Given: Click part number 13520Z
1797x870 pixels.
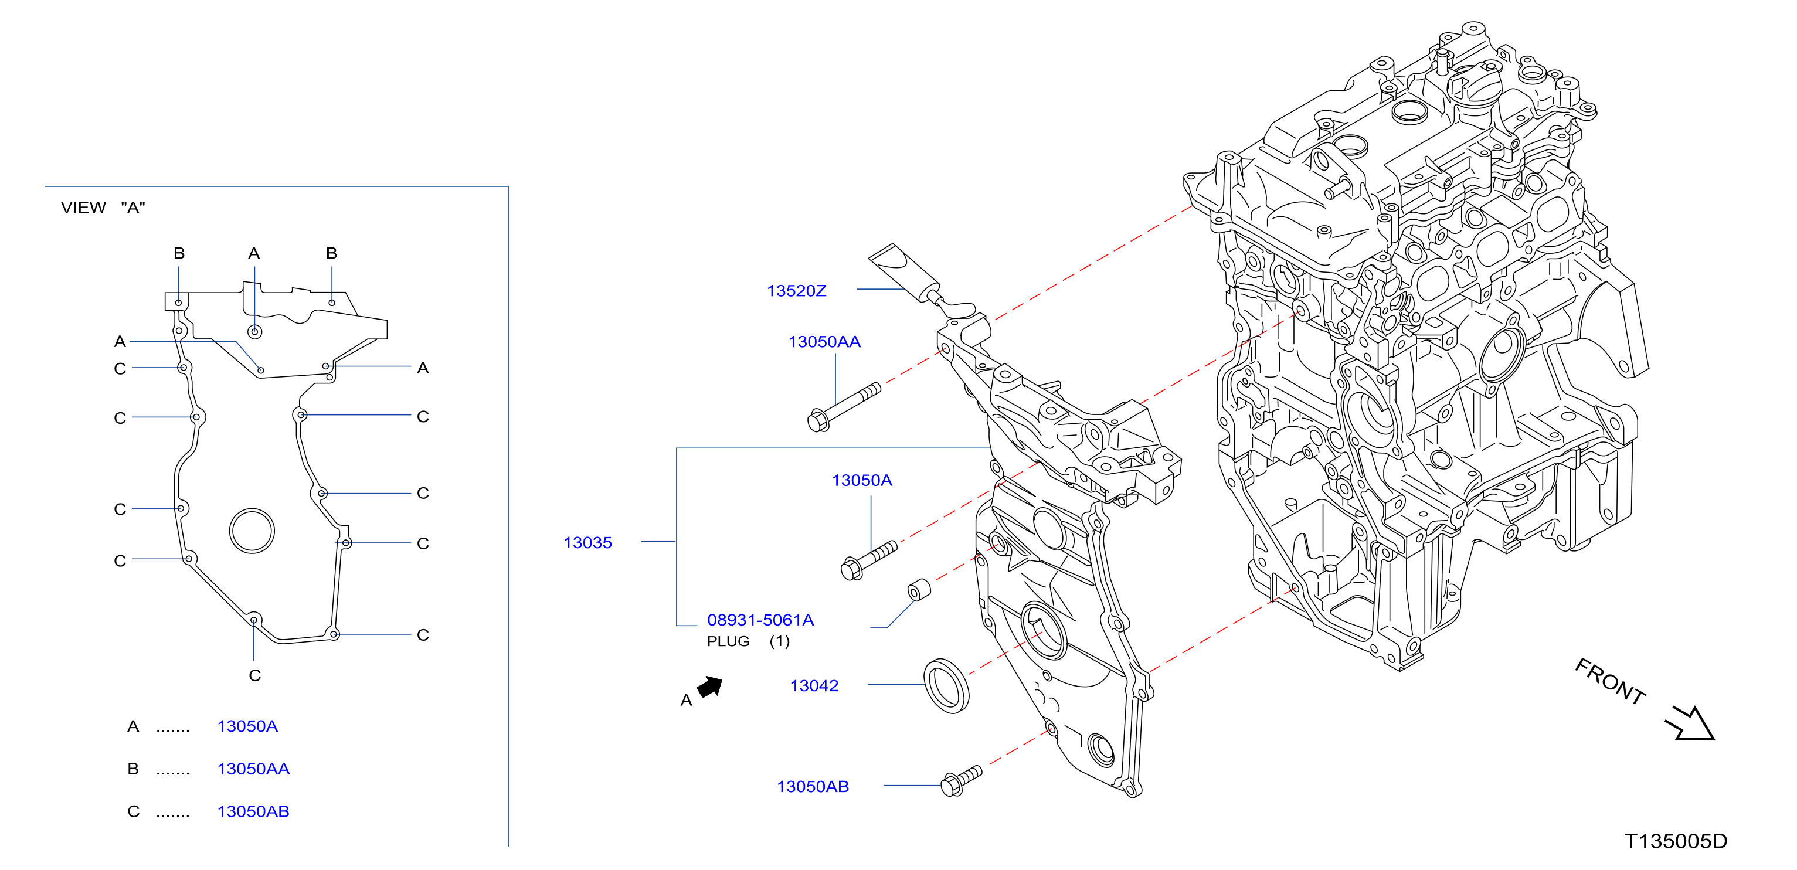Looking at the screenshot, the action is point(796,291).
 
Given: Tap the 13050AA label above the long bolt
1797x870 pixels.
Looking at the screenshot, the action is point(824,342).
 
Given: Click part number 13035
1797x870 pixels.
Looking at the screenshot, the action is point(587,543).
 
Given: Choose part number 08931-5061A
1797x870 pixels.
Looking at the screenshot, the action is point(760,620).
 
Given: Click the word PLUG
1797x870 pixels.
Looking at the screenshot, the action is point(728,641).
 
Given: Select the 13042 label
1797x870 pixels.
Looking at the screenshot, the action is point(814,686).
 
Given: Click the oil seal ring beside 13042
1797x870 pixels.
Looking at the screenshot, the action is point(946,686).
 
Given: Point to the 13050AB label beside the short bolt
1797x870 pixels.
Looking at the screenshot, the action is point(813,786).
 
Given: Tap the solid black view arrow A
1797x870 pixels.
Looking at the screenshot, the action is point(710,687).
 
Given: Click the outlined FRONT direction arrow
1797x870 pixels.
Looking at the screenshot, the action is point(1690,723).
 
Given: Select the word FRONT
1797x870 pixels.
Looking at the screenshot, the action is point(1610,680).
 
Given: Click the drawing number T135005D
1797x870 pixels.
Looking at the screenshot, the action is point(1676,841).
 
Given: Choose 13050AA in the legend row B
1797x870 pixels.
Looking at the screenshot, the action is point(253,769).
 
